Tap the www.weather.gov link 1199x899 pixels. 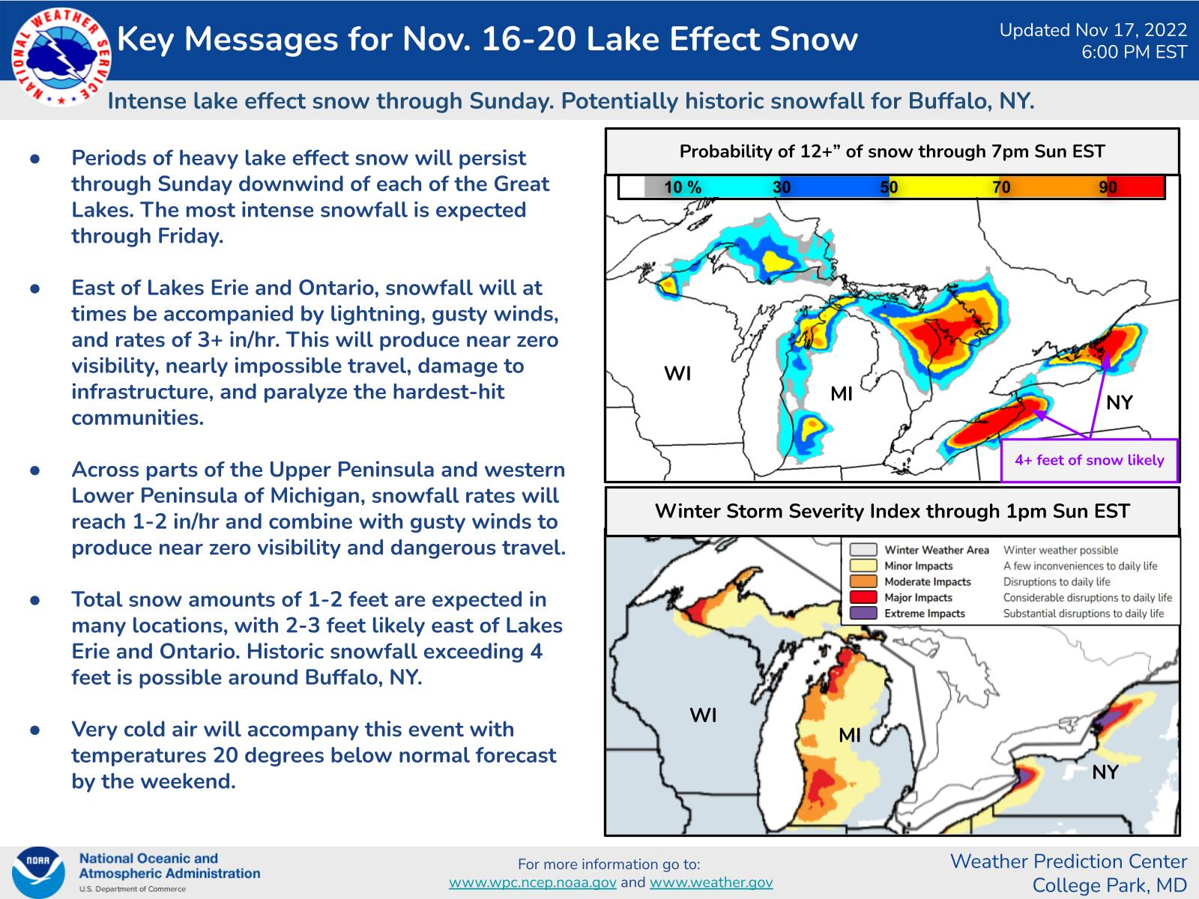[710, 883]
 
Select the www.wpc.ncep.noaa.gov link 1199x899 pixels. [532, 883]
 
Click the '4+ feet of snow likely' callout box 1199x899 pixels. [1089, 460]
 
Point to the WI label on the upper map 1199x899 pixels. [677, 373]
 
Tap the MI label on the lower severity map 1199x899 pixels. [849, 735]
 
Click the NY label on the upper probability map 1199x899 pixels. [1119, 403]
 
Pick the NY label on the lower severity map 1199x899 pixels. [1105, 772]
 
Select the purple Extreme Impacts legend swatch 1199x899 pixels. [863, 614]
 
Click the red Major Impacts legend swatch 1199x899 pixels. [863, 598]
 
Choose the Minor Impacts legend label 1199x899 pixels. [918, 566]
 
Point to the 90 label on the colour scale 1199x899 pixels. [1108, 187]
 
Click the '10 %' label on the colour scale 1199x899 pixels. [682, 187]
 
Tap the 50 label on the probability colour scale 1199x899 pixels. [889, 187]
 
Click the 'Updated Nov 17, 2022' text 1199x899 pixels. [1093, 30]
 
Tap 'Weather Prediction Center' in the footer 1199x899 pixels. [1069, 862]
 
